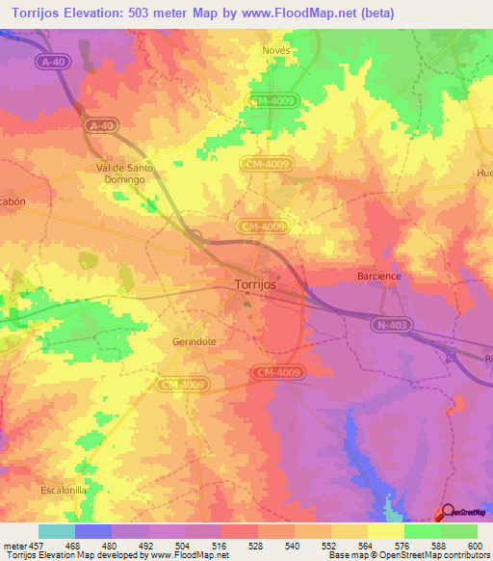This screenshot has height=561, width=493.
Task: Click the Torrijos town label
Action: (x=256, y=284)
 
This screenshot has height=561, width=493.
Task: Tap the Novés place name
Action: (x=276, y=50)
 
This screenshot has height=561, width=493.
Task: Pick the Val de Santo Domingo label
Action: (x=125, y=173)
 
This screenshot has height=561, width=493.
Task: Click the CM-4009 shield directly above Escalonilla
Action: (x=180, y=384)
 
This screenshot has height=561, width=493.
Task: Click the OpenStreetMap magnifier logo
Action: (x=445, y=512)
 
